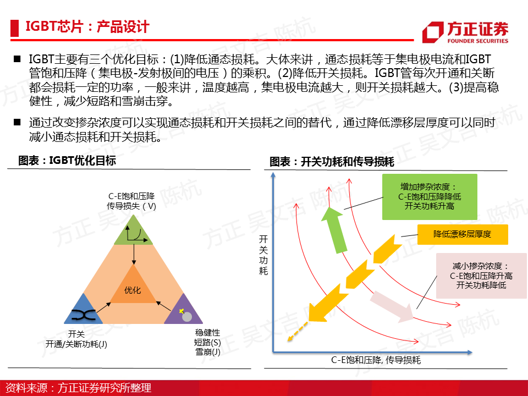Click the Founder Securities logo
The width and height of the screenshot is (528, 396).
click(x=465, y=32)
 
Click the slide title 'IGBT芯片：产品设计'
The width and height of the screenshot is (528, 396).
click(x=87, y=27)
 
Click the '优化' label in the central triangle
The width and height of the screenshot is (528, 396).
click(x=133, y=290)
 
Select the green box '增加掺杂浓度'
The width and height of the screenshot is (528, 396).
click(x=430, y=197)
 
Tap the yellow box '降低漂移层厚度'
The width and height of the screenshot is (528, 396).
click(x=463, y=234)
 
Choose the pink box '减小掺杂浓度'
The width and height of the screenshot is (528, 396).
click(x=481, y=276)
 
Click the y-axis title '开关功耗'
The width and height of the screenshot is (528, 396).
click(x=263, y=255)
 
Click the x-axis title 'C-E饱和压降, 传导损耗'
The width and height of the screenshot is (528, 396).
click(x=376, y=360)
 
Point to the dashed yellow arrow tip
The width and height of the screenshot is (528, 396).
click(x=289, y=340)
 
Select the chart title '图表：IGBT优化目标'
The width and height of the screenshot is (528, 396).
click(x=67, y=161)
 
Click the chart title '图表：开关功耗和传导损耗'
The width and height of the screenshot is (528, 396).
click(x=332, y=162)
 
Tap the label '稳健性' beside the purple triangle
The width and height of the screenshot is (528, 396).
click(x=207, y=333)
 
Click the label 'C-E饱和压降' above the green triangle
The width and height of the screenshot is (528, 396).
click(x=131, y=196)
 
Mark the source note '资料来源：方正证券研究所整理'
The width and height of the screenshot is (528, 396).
click(x=78, y=388)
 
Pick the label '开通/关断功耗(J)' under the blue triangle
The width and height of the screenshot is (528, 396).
click(x=76, y=344)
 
